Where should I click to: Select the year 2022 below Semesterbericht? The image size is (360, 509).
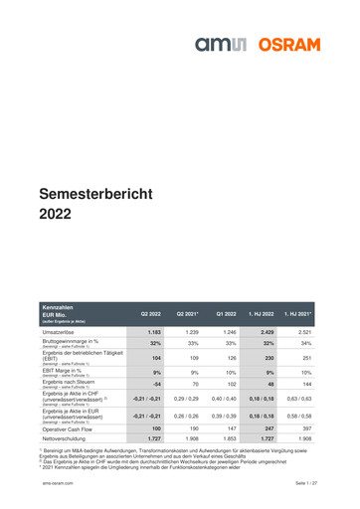click(55, 214)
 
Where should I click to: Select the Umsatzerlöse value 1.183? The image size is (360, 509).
click(153, 331)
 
